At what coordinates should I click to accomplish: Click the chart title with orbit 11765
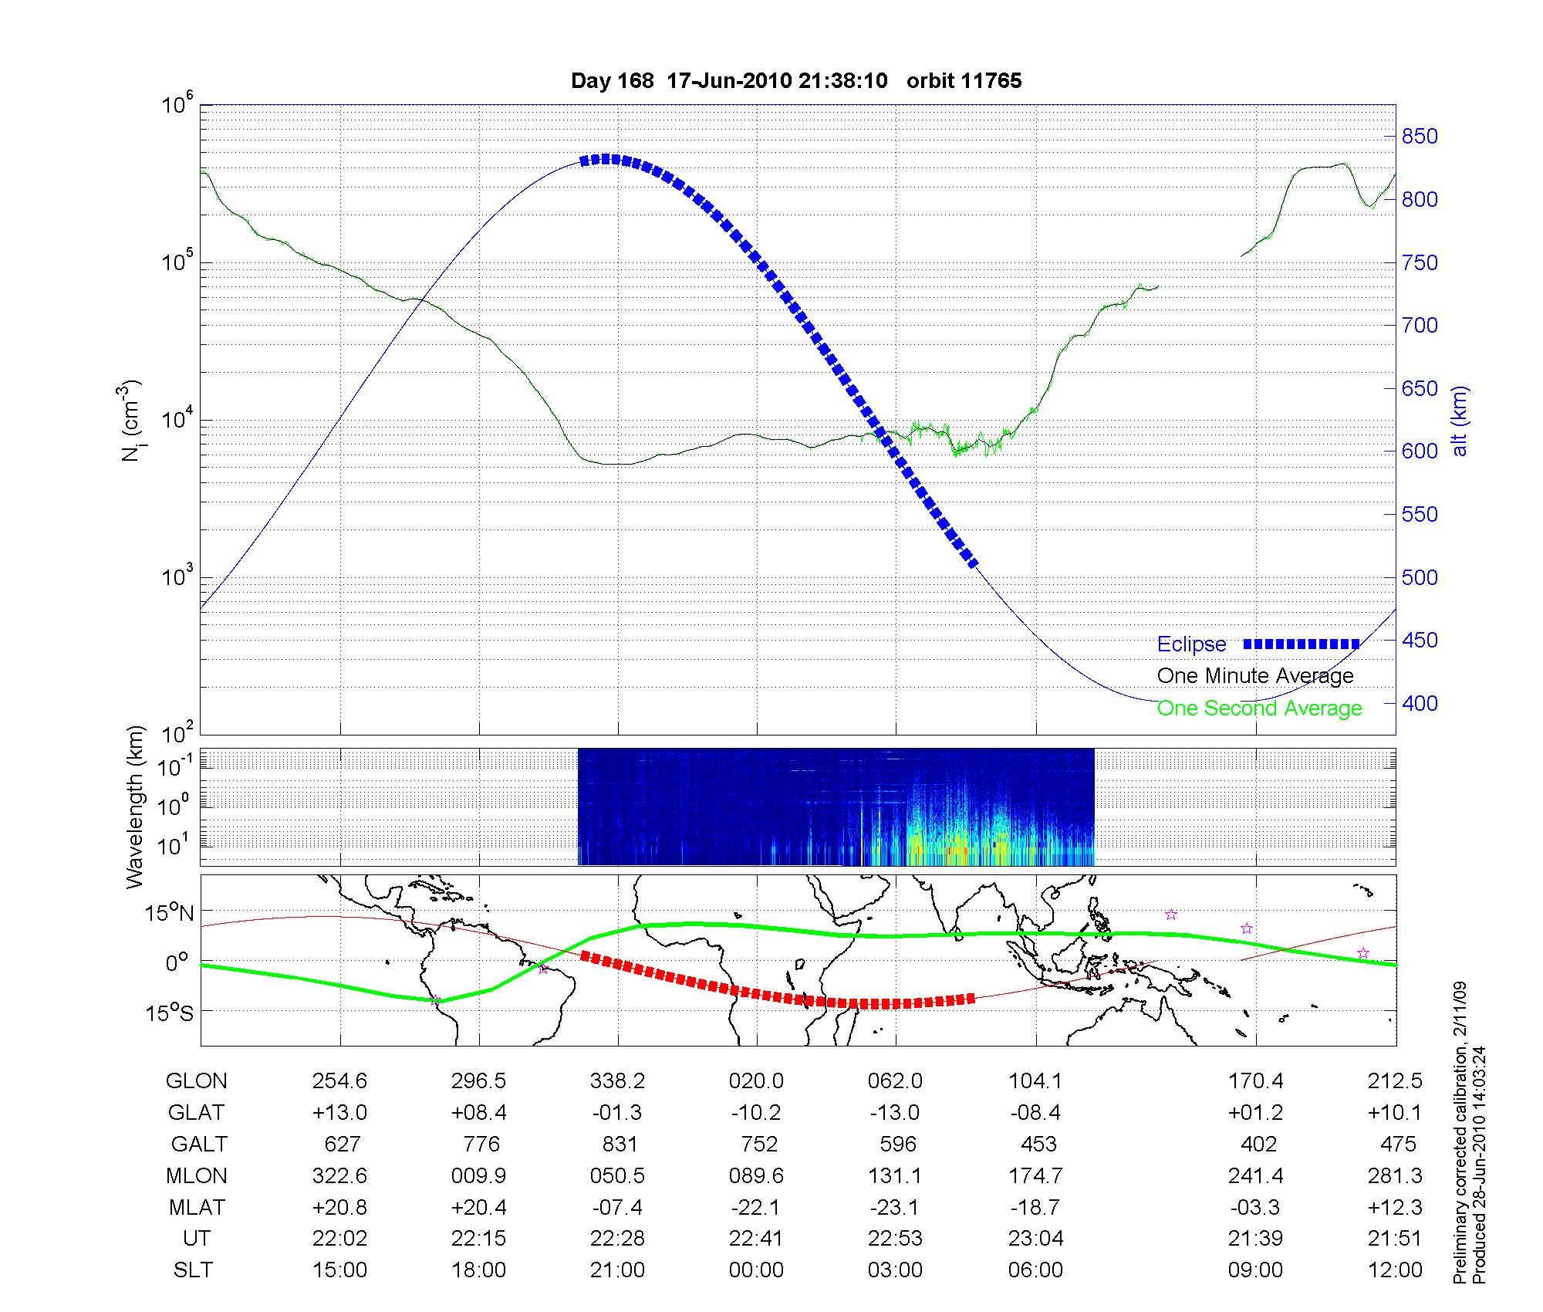(x=795, y=81)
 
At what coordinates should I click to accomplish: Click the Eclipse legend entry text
(x=1191, y=644)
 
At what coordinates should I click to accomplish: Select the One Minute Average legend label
(x=1255, y=676)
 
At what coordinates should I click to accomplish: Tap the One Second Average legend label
(x=1259, y=708)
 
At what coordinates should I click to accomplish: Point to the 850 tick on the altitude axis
(x=1420, y=137)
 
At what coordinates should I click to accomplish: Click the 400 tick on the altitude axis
(x=1420, y=703)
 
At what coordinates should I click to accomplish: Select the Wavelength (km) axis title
(x=134, y=806)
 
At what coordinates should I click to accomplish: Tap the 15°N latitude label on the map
(x=170, y=914)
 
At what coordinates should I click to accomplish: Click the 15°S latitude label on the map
(x=170, y=1012)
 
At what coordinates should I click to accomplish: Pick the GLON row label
(x=196, y=1081)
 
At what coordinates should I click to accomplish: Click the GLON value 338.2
(x=617, y=1081)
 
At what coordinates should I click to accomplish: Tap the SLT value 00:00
(x=756, y=1270)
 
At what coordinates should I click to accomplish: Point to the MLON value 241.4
(x=1255, y=1175)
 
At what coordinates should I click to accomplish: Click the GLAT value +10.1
(x=1394, y=1113)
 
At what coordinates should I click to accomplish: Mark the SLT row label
(x=192, y=1270)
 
